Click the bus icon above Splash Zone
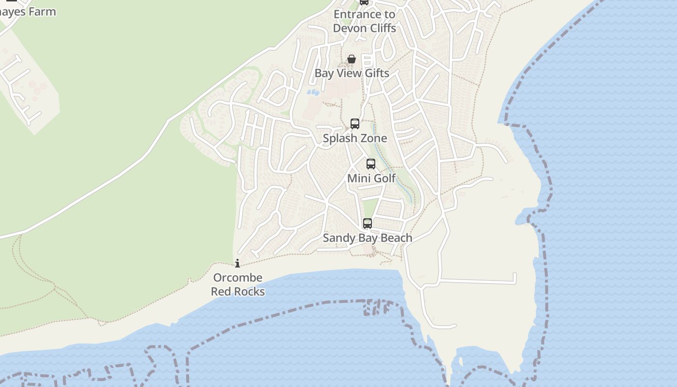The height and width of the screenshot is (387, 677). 355,124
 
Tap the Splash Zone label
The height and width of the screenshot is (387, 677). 355,138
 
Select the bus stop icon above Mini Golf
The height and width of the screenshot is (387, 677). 371,164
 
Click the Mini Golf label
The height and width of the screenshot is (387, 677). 371,178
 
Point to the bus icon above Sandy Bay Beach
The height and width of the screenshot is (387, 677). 368,223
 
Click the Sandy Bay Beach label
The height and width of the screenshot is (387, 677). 368,238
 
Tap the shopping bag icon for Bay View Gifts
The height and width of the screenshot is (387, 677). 352,60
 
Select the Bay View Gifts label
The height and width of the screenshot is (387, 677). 352,74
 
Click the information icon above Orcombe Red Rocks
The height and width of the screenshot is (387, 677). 237,264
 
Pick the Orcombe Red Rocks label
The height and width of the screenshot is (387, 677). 238,284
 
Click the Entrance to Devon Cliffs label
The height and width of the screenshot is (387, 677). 365,21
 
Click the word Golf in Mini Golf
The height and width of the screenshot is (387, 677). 384,178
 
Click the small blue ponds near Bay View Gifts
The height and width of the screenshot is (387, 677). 313,92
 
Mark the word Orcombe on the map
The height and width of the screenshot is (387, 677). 238,278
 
